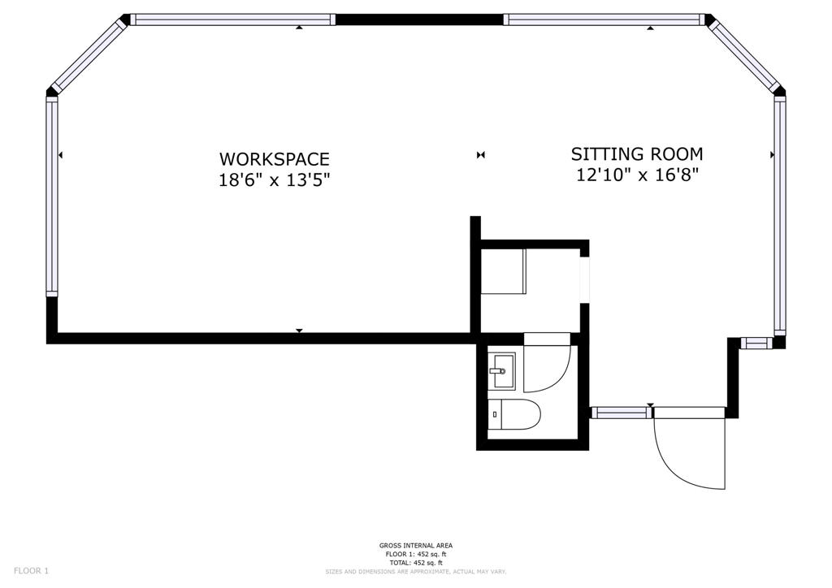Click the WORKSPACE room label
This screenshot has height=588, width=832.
pos(274,159)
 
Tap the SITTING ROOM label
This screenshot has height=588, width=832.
pos(636,153)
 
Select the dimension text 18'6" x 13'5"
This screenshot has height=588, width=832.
pos(274,179)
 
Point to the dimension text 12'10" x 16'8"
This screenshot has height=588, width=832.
pos(637,174)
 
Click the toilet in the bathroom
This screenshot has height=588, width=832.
pos(515,415)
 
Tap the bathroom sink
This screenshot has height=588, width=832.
pos(501,371)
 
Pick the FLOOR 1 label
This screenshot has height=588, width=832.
pos(32,571)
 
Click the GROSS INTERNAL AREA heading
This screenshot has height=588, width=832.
pos(415,546)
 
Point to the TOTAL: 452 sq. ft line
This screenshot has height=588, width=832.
pos(415,563)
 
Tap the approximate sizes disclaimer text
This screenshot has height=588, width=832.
pos(415,572)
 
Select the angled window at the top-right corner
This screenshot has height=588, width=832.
pos(743,54)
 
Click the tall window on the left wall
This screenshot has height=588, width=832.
pos(52,195)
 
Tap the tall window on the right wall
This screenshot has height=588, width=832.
pos(779,215)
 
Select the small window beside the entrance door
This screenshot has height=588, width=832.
pos(621,413)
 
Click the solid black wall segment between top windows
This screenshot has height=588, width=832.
pos(419,19)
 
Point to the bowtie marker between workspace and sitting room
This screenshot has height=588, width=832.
pos(481,154)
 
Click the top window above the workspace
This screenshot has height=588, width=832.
pos(232,19)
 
